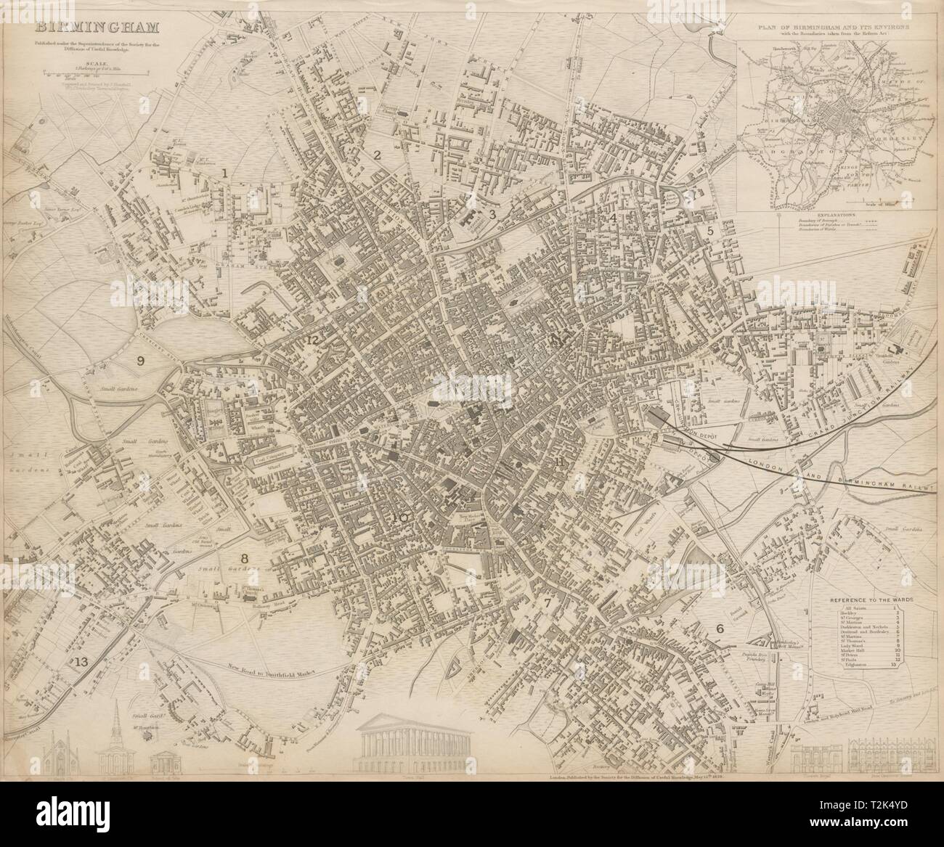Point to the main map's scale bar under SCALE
(x=98, y=73)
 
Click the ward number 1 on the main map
(x=226, y=173)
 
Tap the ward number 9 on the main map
(x=140, y=359)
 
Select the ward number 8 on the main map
(x=245, y=558)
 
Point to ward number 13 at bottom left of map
(x=81, y=661)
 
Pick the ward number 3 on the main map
(x=492, y=213)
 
